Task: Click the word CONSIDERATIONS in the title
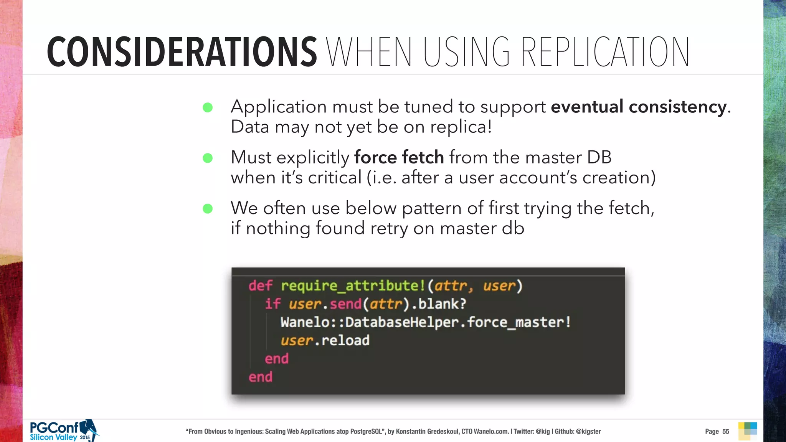click(x=182, y=52)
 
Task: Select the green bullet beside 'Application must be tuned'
click(x=208, y=107)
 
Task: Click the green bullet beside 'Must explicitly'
click(x=208, y=158)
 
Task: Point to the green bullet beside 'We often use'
click(x=208, y=209)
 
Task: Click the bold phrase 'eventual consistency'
click(x=639, y=107)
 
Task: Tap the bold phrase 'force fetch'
click(x=399, y=157)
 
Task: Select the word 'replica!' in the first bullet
click(x=461, y=127)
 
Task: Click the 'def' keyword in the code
click(x=260, y=286)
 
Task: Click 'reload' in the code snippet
click(x=345, y=341)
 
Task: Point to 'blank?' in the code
click(x=442, y=304)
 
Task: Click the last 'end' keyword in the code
click(x=260, y=377)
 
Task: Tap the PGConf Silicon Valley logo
click(x=64, y=431)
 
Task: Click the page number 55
click(x=725, y=432)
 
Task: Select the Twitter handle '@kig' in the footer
click(x=543, y=432)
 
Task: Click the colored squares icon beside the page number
click(x=747, y=431)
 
